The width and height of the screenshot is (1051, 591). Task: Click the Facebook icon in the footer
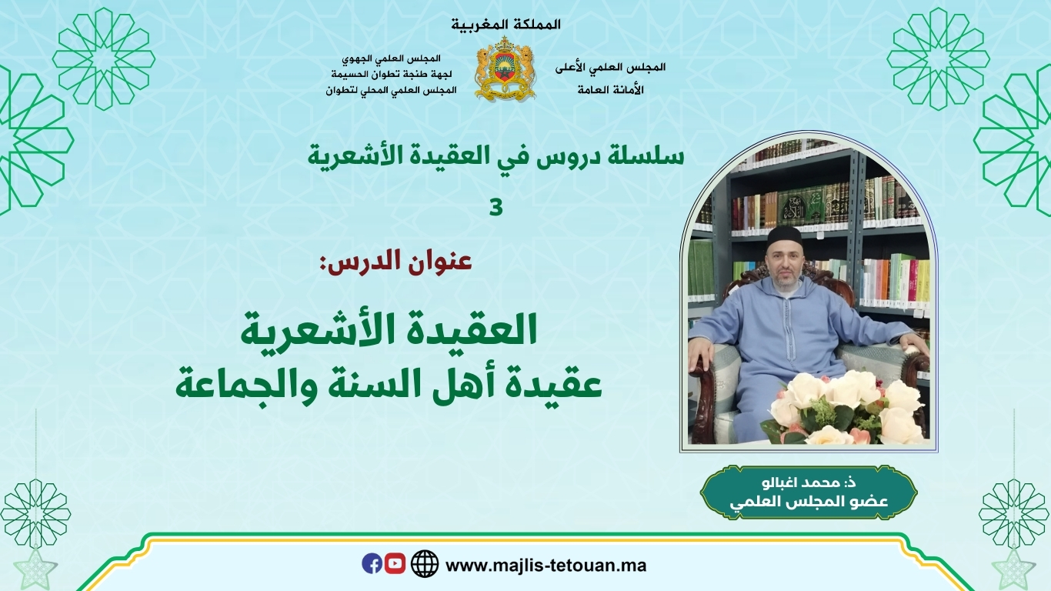(372, 563)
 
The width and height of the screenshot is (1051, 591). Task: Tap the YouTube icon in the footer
(395, 563)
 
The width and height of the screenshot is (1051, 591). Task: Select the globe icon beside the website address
(425, 564)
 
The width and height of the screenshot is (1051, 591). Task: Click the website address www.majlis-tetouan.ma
(546, 566)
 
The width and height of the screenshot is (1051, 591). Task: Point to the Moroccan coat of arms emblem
(505, 68)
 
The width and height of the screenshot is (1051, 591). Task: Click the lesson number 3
(496, 207)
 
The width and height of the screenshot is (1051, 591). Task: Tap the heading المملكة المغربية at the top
(505, 25)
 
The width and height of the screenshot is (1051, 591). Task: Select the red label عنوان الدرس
(395, 262)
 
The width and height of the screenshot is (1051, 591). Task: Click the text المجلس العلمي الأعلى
(610, 67)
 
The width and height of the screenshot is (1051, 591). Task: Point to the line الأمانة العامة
(610, 89)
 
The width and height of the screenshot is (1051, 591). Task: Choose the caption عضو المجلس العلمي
(809, 501)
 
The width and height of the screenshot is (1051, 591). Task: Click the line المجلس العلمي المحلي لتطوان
(392, 90)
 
